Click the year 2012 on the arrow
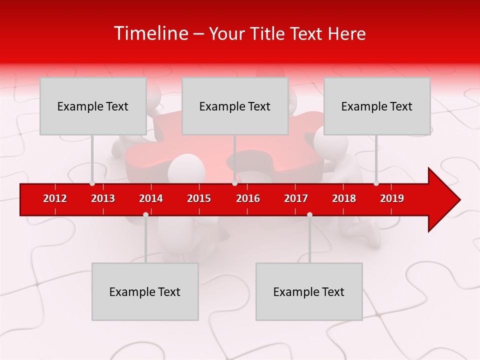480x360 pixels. click(x=55, y=198)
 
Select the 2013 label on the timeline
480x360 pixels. click(x=103, y=198)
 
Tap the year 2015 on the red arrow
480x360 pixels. click(x=199, y=198)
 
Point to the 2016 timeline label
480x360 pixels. click(x=248, y=198)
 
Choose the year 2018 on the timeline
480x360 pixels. click(x=344, y=198)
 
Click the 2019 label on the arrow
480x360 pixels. click(x=392, y=198)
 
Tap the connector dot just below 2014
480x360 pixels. click(x=145, y=214)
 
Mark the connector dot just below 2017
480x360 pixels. click(x=309, y=214)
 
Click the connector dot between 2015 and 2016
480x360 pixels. click(x=234, y=183)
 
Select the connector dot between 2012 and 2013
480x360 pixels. click(x=92, y=183)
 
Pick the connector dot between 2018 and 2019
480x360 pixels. click(x=376, y=183)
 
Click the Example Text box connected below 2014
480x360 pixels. click(x=145, y=291)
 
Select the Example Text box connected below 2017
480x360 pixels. click(x=309, y=291)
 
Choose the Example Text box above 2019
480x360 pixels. click(x=377, y=106)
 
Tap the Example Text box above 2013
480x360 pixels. click(x=93, y=106)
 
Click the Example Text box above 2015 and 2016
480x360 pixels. click(x=235, y=106)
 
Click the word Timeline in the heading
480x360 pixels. click(x=150, y=33)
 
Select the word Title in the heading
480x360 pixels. click(x=268, y=34)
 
